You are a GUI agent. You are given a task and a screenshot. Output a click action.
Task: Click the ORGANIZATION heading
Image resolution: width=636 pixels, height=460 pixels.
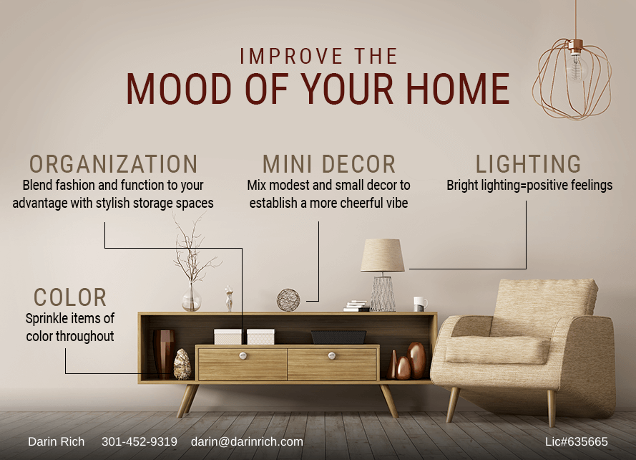(114, 164)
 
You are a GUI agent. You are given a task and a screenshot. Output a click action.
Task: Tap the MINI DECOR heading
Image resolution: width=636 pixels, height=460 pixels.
(329, 164)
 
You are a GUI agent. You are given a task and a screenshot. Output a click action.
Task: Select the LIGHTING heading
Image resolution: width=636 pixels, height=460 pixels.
(529, 164)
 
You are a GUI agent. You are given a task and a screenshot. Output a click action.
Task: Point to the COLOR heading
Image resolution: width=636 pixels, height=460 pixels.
(70, 297)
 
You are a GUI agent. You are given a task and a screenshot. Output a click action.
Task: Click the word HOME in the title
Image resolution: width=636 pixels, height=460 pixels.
(458, 89)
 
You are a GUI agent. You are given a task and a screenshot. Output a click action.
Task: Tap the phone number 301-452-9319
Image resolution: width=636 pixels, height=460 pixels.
(139, 441)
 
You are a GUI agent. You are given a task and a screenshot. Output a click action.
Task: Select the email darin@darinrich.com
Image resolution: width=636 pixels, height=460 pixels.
(247, 441)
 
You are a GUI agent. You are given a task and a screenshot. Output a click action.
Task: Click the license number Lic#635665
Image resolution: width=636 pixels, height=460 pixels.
(577, 441)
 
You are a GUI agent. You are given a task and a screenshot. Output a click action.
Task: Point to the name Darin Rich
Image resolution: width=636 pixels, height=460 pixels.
(57, 441)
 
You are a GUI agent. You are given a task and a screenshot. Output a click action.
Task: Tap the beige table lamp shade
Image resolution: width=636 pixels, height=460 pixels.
(383, 255)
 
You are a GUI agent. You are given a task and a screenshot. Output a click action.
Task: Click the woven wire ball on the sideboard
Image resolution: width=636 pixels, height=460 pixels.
(288, 300)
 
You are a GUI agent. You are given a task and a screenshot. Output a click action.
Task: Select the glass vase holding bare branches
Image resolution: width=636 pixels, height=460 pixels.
(192, 297)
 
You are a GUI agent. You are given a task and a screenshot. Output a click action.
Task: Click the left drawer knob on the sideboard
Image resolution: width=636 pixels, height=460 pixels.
(243, 356)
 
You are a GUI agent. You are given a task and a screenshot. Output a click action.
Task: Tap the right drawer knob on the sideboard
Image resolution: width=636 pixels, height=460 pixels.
(332, 355)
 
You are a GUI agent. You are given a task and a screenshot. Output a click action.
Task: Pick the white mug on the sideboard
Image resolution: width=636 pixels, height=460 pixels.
(420, 304)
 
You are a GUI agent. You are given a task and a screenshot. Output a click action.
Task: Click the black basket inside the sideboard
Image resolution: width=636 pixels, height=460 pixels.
(338, 337)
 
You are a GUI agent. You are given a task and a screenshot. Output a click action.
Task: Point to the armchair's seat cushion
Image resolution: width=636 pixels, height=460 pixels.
(497, 350)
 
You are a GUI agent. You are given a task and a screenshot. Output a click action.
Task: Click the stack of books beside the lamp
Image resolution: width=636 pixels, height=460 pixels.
(356, 306)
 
